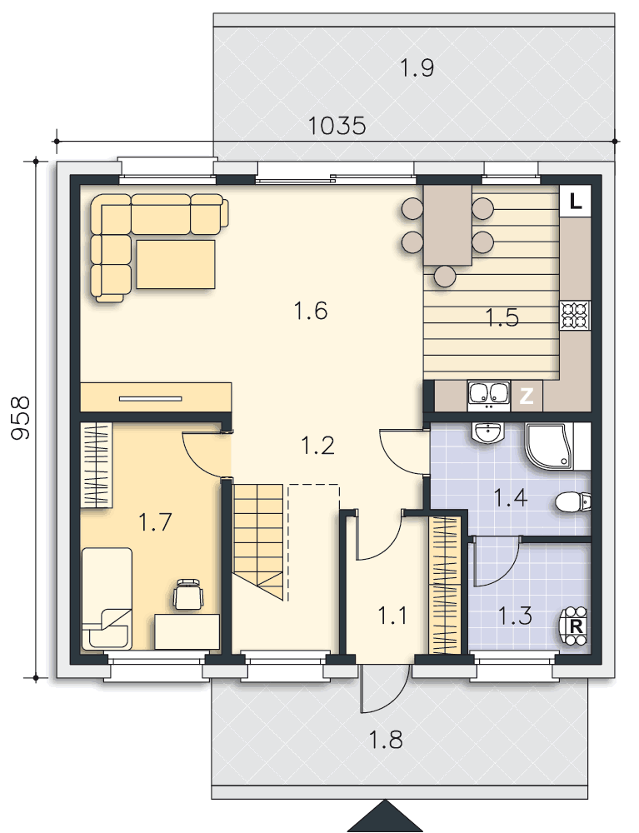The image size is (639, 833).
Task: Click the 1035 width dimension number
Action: pos(337,126)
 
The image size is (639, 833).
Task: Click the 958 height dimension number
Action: pos(21,418)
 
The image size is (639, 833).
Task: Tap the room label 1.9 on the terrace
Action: pos(417,68)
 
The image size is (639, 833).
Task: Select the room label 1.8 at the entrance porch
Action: pos(386,740)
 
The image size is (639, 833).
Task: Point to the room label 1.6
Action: pos(311,311)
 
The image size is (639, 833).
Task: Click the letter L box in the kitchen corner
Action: pos(575,201)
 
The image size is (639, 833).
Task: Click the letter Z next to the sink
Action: pos(527,396)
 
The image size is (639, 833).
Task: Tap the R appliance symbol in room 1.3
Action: pos(575,626)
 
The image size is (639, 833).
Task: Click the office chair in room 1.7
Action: pos(188,595)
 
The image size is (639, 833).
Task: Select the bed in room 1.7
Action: pos(107,599)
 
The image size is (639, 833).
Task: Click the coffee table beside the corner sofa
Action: pos(176,264)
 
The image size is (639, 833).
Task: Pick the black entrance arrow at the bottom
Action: pos(385,816)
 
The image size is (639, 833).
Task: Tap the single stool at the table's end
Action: pos(445,276)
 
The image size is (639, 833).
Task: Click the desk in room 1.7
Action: pos(187,631)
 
